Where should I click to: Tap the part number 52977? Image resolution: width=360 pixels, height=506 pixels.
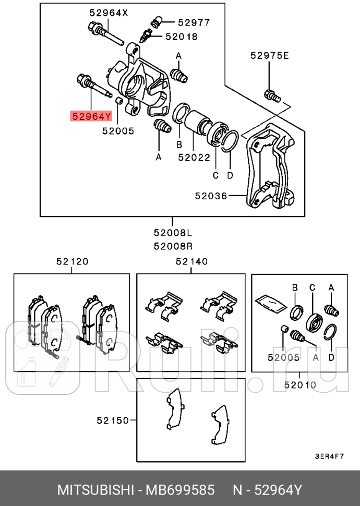(194, 22)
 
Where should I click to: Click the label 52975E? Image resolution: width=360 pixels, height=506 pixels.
(269, 55)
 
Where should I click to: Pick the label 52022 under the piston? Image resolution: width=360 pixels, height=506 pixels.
(194, 156)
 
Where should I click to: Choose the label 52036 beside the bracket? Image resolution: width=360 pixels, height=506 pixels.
(211, 196)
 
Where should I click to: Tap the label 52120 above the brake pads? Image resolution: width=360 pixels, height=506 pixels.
(72, 261)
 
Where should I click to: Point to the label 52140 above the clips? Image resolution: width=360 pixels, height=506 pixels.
(191, 261)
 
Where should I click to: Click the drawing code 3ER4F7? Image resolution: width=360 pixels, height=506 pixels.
(329, 455)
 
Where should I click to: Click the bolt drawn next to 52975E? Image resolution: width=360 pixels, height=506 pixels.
(272, 95)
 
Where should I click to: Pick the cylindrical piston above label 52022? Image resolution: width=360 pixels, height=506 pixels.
(197, 122)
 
